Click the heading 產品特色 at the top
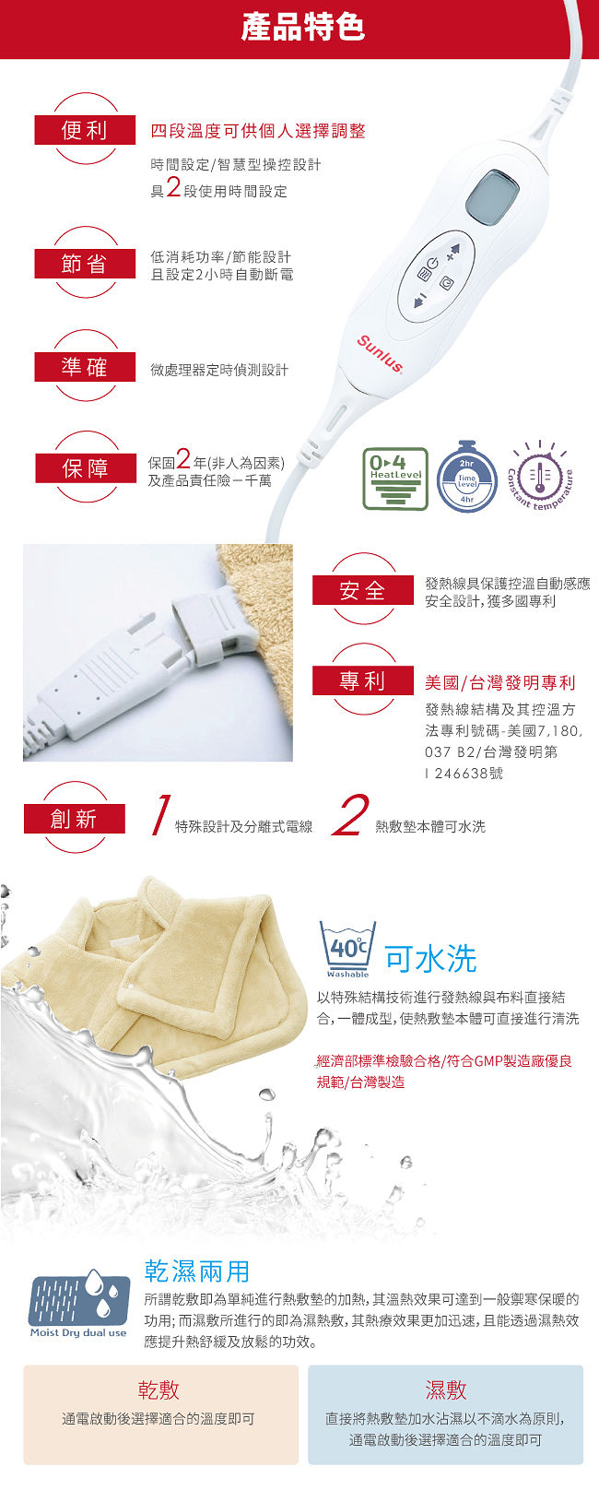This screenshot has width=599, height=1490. coord(302,28)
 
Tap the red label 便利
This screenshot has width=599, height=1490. coord(85,130)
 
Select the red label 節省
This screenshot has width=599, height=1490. coord(85,264)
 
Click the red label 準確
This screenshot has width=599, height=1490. coord(85,367)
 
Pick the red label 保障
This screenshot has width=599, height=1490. coord(85,468)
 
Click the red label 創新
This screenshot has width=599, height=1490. coord(74,819)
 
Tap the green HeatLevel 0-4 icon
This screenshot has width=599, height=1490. coord(395,479)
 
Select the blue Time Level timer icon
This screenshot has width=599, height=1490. coord(466,477)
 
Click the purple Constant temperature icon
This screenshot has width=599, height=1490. coord(540,475)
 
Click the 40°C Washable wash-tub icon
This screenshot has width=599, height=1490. coord(347,949)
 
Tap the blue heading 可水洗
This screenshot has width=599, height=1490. coord(430,959)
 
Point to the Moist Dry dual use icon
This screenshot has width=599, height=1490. coord(78,1303)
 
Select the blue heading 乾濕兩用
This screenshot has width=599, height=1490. coord(197,1271)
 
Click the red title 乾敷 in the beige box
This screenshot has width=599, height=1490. coord(159,1389)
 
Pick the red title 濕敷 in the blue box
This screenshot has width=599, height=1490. coord(445,1389)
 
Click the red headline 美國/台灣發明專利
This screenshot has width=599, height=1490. coord(500,682)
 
